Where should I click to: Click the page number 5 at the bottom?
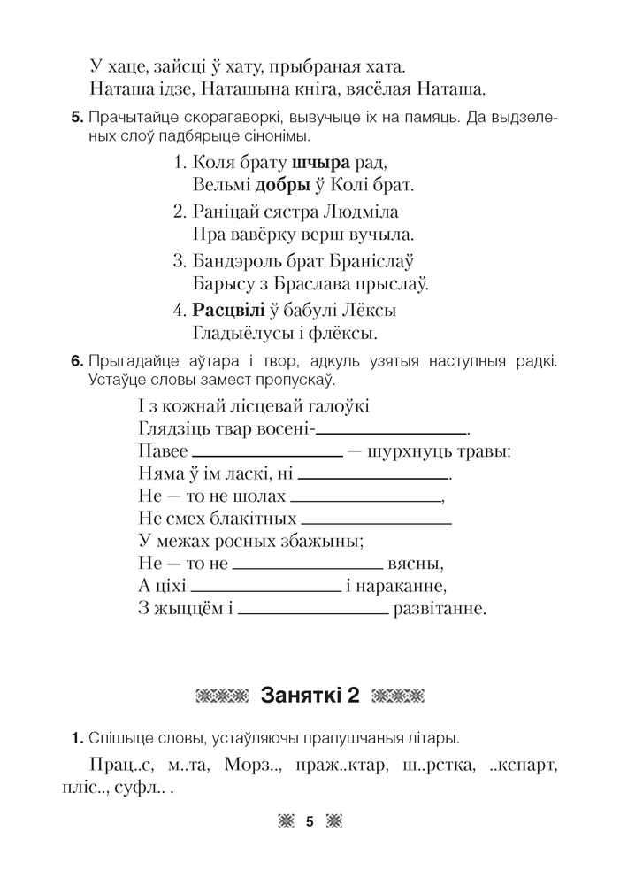[x=310, y=822]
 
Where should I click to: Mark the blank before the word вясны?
[x=307, y=566]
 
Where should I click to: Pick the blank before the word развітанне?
[x=313, y=612]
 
